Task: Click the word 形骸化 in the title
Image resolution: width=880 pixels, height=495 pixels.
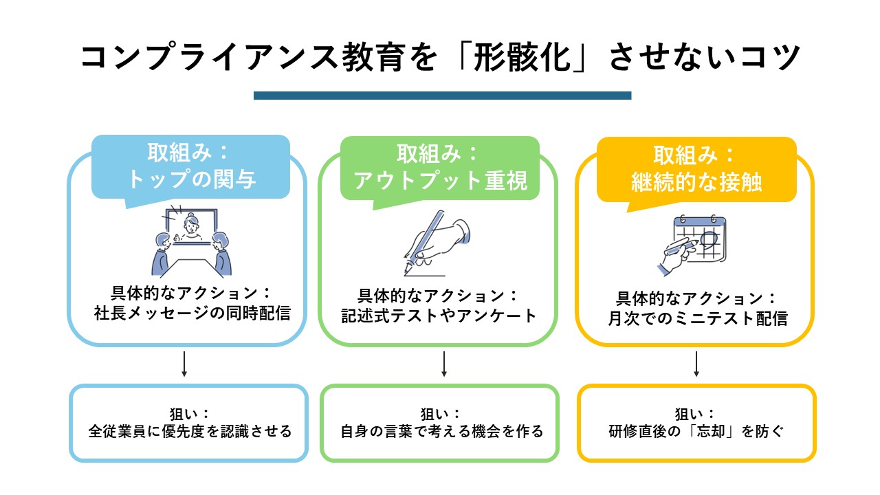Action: tap(522, 57)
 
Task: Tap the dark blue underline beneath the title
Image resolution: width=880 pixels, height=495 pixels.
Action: tap(442, 96)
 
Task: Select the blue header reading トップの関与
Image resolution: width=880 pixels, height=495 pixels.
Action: tap(191, 166)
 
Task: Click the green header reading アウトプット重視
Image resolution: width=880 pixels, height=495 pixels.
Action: tap(440, 168)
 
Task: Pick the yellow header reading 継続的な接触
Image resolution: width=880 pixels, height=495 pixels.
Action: tap(696, 170)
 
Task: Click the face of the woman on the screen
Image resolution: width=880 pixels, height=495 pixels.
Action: tap(191, 224)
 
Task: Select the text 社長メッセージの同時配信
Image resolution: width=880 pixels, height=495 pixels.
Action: tap(192, 313)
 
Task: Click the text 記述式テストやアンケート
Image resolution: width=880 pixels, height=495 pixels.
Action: tap(439, 316)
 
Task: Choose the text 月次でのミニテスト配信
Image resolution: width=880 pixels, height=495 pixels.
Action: tap(697, 318)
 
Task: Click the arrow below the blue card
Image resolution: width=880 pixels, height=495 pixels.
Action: tap(184, 364)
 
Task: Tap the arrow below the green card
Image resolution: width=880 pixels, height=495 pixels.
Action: tap(444, 364)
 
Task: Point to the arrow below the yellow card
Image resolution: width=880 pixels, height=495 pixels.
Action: tap(696, 364)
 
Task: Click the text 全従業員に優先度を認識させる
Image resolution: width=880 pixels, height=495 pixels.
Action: tap(190, 431)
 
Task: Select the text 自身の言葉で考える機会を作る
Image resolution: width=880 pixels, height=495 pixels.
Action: tap(442, 431)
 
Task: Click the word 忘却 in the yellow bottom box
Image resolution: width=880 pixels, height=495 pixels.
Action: tap(711, 431)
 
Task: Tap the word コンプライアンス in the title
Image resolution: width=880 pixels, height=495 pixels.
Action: tap(209, 57)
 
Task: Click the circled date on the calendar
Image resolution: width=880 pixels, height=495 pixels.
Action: tap(709, 239)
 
